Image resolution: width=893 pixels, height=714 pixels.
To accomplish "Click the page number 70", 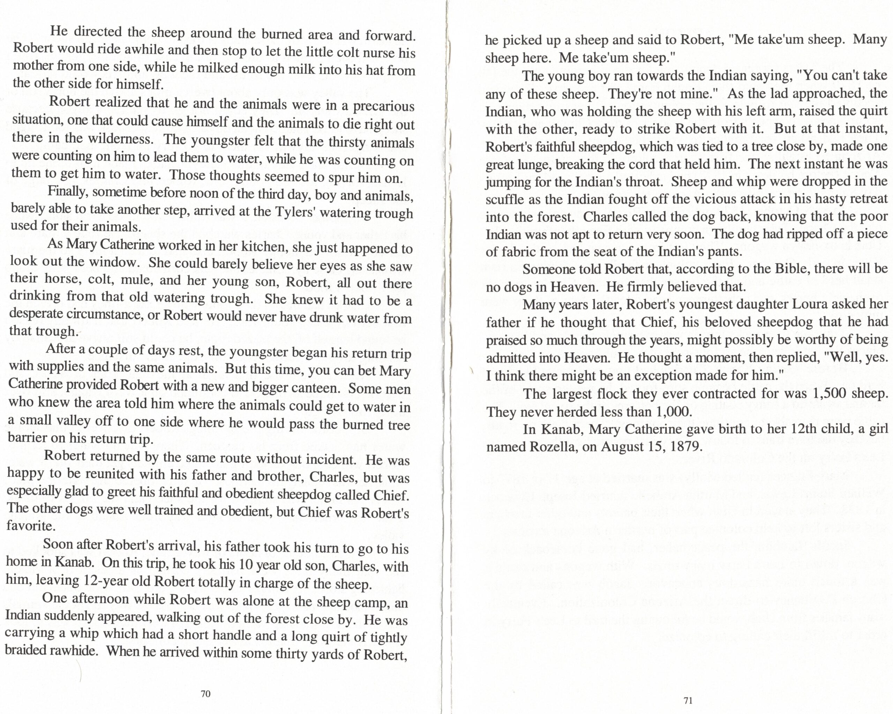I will tap(205, 694).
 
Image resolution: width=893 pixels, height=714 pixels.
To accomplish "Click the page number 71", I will tap(688, 700).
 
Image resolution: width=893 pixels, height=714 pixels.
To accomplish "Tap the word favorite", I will tap(30, 526).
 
